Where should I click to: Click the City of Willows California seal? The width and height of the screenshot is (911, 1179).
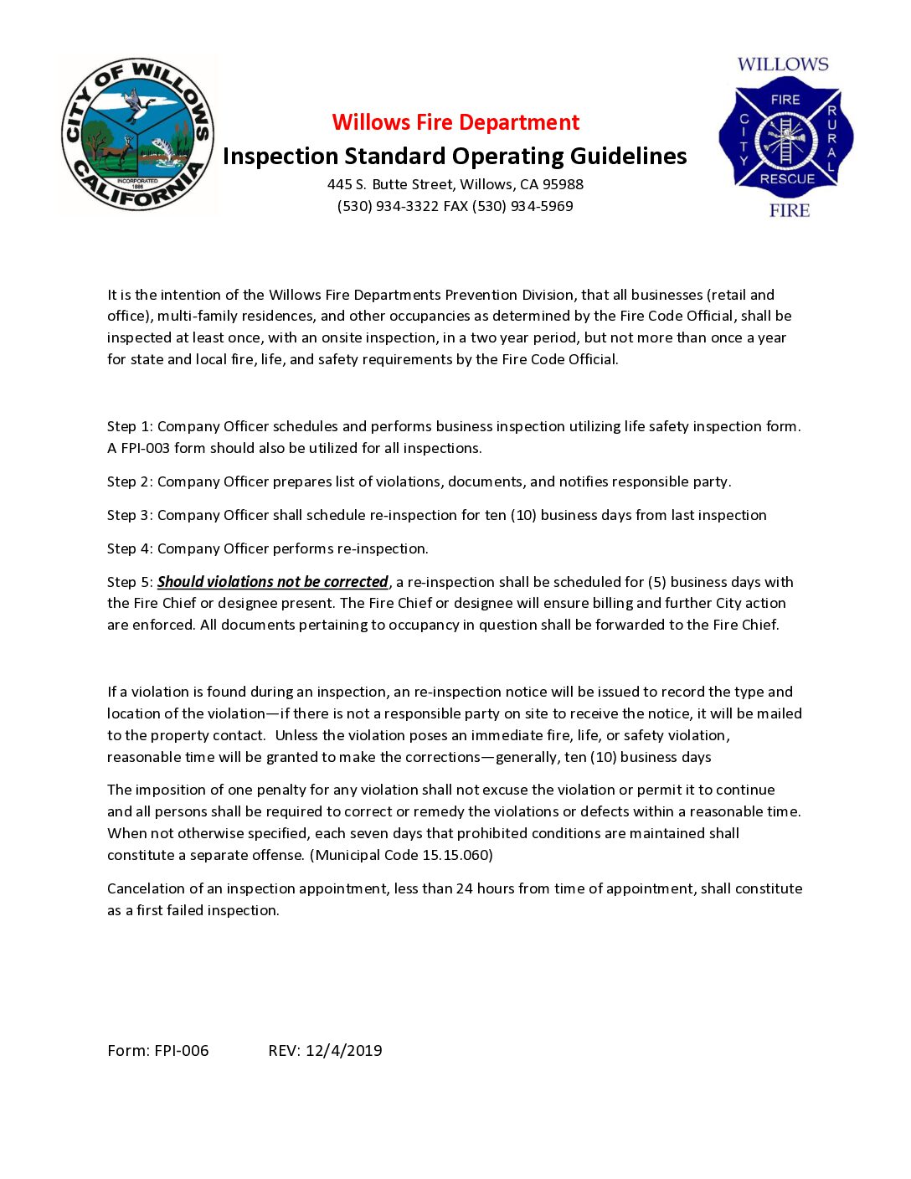tap(138, 135)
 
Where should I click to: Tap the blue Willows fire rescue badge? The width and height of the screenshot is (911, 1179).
tap(785, 138)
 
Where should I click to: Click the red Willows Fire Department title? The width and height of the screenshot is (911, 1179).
tap(455, 122)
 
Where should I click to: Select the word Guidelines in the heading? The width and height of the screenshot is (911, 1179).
tap(628, 157)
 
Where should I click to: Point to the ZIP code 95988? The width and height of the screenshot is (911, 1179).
tap(563, 184)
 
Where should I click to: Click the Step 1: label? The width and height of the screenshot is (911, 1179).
tap(130, 426)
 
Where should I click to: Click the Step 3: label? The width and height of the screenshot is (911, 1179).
tap(130, 515)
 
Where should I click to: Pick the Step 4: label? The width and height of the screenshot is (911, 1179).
tap(130, 548)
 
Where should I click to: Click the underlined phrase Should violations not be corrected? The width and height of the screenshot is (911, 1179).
tap(273, 582)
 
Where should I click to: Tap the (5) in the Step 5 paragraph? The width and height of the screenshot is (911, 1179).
tap(657, 582)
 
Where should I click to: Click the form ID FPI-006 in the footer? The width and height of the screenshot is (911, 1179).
tap(182, 1050)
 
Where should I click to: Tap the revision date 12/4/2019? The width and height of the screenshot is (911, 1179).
tap(343, 1050)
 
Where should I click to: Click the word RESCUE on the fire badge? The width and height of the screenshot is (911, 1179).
tap(787, 178)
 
